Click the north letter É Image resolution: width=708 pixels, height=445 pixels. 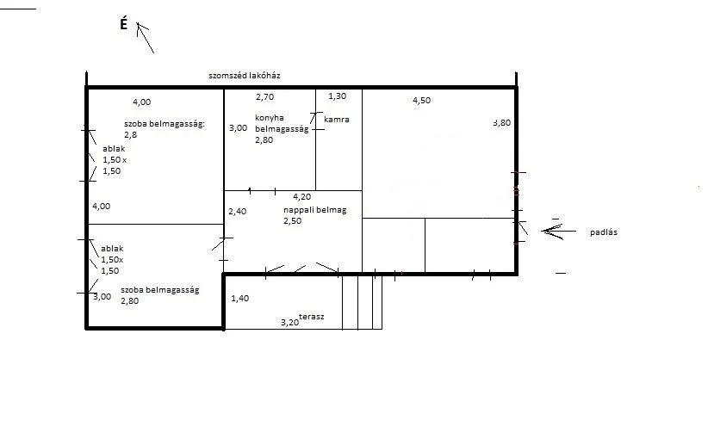(x=124, y=23)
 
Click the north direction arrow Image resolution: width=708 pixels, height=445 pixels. (x=146, y=39)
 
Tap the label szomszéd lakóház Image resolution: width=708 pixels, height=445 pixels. (x=245, y=76)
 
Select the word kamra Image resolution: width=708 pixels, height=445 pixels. (x=337, y=120)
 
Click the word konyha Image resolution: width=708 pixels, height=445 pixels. (x=270, y=118)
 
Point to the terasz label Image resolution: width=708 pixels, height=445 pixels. (x=312, y=317)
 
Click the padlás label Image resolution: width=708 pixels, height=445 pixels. (x=604, y=232)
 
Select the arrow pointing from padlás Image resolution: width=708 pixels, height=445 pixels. (x=558, y=231)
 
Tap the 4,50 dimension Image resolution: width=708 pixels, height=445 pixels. (x=422, y=101)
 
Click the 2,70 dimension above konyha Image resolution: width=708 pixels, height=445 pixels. (x=265, y=97)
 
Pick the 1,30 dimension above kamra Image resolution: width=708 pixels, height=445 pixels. (x=338, y=96)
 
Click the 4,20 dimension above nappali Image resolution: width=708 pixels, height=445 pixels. (x=302, y=197)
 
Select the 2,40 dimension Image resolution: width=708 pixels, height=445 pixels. (x=238, y=211)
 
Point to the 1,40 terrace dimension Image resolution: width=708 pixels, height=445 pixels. (x=240, y=299)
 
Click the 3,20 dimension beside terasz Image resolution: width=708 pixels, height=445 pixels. (x=290, y=322)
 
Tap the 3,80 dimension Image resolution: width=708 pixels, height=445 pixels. (x=502, y=123)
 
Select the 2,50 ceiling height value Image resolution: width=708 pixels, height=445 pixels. (x=293, y=220)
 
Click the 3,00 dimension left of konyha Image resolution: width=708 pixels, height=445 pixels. (x=238, y=128)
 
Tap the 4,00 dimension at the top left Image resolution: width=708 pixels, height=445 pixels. (x=142, y=102)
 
